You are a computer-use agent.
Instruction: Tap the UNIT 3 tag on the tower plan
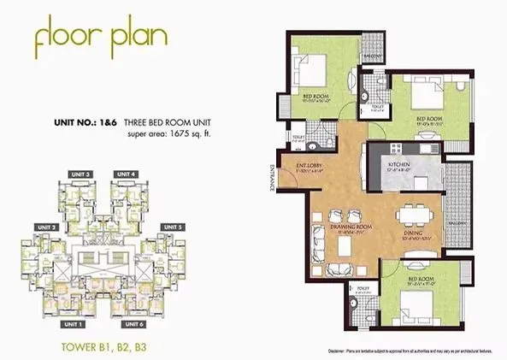(x=82, y=174)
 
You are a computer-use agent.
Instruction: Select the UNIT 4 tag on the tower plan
(x=126, y=174)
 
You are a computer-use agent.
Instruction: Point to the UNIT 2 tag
(x=46, y=227)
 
